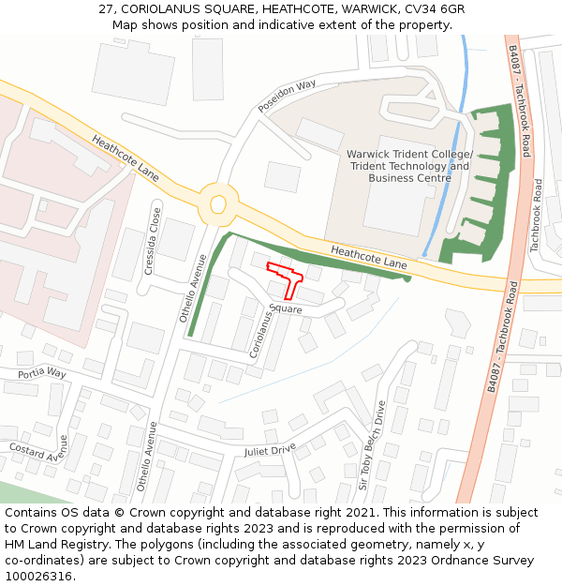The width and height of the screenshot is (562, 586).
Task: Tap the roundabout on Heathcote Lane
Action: point(218,203)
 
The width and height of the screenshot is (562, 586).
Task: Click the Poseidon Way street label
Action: point(288,97)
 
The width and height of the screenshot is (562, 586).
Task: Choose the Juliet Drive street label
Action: point(269,449)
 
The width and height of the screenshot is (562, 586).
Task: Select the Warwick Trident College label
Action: point(409,155)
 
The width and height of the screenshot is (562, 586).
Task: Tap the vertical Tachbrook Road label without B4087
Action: point(537,215)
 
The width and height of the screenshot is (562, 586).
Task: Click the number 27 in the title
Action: point(106,8)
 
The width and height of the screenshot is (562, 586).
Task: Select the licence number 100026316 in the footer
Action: point(38,576)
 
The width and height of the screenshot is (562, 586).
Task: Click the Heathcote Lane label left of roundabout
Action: point(126,157)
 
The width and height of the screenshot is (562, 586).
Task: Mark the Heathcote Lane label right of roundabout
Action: point(369,258)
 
